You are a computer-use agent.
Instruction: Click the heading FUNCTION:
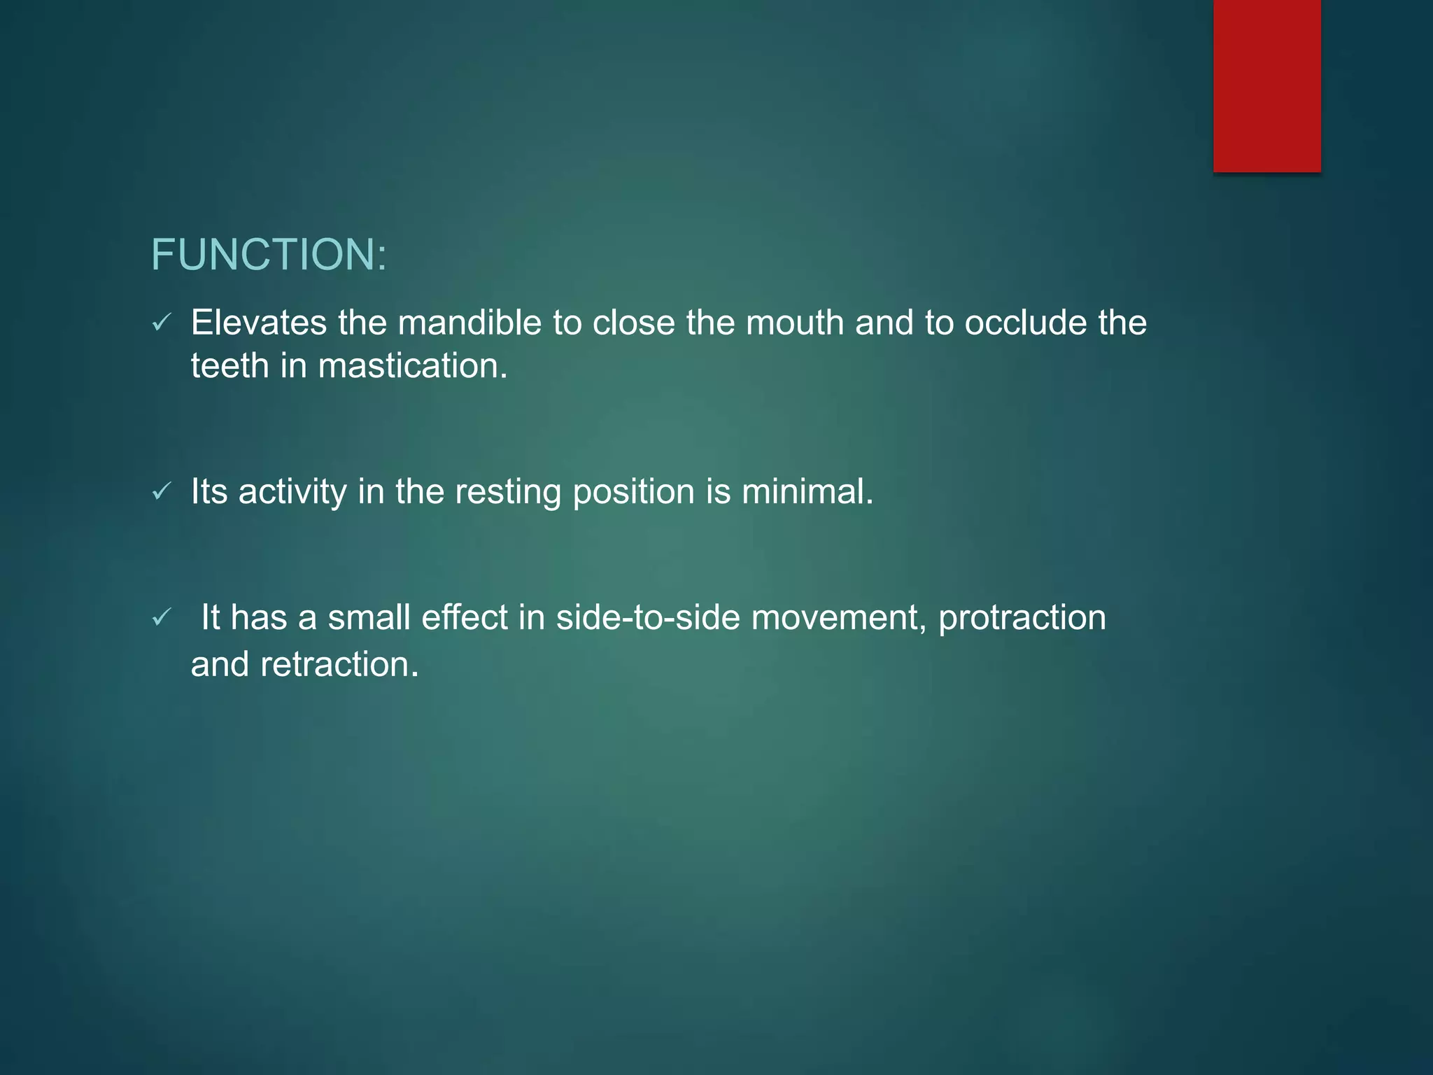click(269, 254)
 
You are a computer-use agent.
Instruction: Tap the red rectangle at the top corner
click(1266, 85)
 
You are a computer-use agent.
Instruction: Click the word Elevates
click(259, 323)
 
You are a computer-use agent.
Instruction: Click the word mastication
click(412, 366)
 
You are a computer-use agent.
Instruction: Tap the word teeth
click(230, 366)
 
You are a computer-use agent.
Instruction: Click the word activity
click(292, 492)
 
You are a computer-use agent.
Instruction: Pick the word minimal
click(807, 491)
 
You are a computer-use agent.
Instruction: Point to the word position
click(633, 492)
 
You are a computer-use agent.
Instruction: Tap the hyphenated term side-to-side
click(648, 618)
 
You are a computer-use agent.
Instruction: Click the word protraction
click(1022, 618)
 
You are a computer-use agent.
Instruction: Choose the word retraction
click(339, 664)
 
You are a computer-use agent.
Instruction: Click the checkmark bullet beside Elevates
click(162, 323)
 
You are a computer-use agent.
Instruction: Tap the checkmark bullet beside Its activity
click(162, 491)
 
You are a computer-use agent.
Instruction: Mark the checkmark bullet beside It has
click(162, 617)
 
